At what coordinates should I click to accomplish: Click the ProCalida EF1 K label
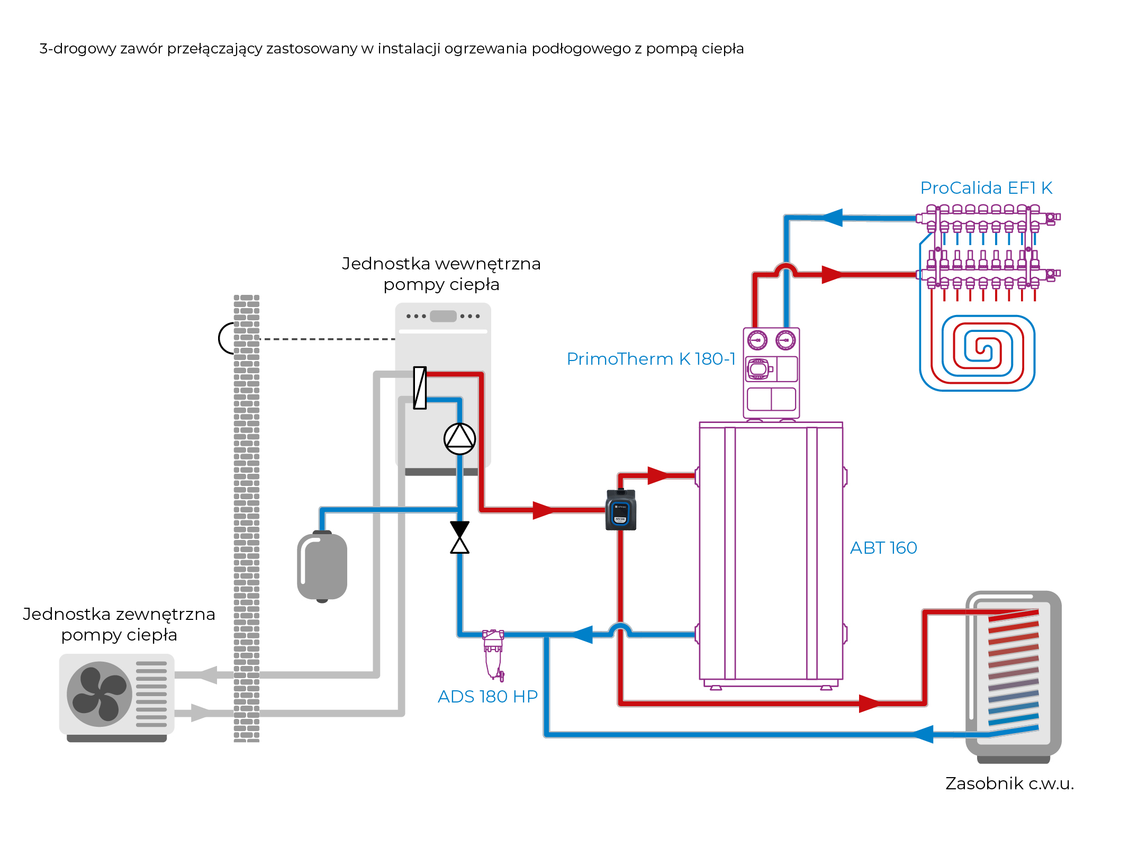986,188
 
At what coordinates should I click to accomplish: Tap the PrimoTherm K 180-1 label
651,359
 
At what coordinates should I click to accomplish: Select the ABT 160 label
883,548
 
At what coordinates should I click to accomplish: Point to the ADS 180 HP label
487,697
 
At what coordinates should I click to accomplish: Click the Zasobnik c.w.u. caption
1009,783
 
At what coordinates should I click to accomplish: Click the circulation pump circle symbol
459,439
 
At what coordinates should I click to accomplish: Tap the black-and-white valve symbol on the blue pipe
459,537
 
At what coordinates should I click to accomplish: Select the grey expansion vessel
322,566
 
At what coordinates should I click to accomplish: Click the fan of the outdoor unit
100,694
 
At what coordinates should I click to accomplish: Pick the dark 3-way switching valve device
620,510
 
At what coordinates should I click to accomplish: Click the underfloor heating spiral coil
977,353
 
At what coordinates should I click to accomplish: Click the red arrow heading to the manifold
833,275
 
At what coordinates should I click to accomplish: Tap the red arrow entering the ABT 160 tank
658,475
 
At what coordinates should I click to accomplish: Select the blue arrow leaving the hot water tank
922,734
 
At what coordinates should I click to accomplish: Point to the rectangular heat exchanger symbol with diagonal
420,388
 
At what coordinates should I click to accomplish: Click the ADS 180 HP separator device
493,654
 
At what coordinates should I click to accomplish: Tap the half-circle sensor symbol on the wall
227,338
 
